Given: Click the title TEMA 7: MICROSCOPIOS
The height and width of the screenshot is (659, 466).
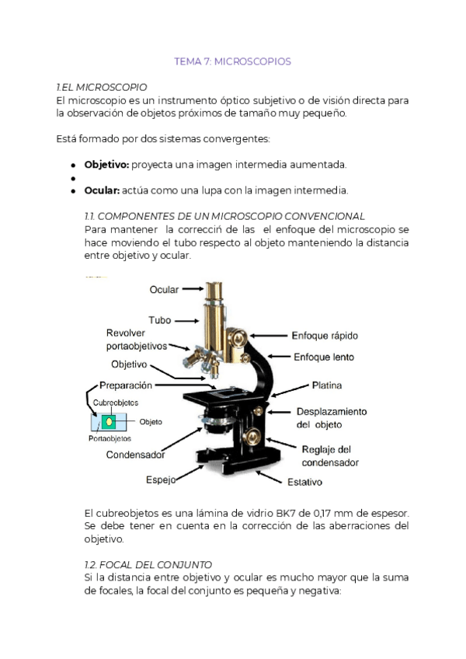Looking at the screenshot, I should coord(233,61).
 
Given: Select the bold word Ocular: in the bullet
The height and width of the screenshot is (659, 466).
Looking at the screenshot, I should coord(103,190).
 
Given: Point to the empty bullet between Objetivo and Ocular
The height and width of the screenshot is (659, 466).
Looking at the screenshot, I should coord(72,178).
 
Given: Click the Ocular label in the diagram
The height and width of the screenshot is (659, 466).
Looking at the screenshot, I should coord(164,290).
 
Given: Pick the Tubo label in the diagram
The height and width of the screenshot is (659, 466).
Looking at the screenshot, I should coord(160,319).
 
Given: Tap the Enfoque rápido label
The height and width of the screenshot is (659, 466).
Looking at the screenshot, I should coord(325,336).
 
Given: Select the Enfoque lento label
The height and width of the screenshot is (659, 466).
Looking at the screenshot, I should coord(323,357).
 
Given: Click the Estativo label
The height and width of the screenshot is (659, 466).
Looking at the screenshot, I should coord(305,482).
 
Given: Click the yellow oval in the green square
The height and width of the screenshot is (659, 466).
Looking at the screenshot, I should coord(110,421).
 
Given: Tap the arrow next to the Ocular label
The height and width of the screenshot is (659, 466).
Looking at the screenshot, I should coord(193,290).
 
